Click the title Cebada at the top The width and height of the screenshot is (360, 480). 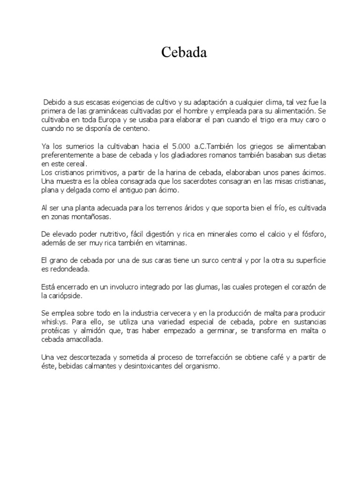(184, 53)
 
